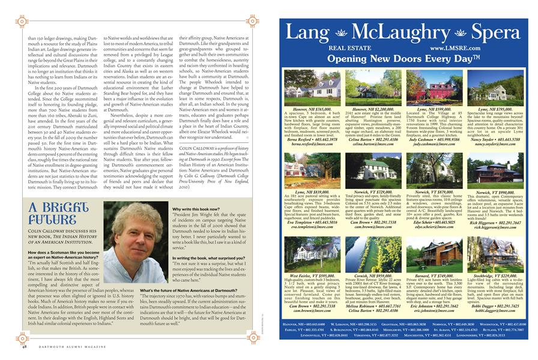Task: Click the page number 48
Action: click(25, 346)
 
